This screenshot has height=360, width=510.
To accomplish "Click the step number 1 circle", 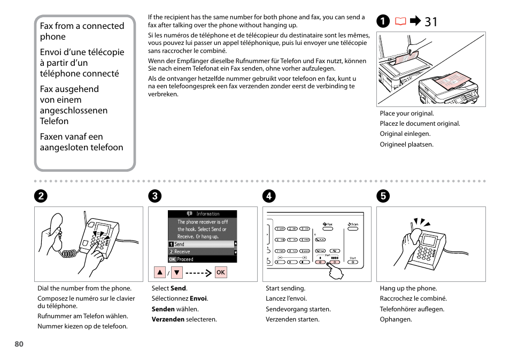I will pyautogui.click(x=383, y=22).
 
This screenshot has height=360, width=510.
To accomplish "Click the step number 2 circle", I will pyautogui.click(x=41, y=196).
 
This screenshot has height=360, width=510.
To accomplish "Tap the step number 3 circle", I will pyautogui.click(x=154, y=196).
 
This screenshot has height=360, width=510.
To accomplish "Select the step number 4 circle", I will pyautogui.click(x=268, y=196).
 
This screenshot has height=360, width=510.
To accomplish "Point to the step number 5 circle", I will pyautogui.click(x=383, y=196).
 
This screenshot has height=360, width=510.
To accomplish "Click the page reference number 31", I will pyautogui.click(x=431, y=22).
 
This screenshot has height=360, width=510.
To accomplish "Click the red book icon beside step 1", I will pyautogui.click(x=400, y=22).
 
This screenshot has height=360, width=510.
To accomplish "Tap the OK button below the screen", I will pyautogui.click(x=221, y=272).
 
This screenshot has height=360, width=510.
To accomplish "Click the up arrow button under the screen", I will pyautogui.click(x=160, y=272).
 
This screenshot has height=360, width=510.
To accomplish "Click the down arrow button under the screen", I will pyautogui.click(x=177, y=272).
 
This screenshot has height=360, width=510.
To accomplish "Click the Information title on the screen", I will pyautogui.click(x=207, y=214).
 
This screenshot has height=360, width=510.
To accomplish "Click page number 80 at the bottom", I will pyautogui.click(x=19, y=344).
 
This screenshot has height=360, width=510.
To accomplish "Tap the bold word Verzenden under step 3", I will pyautogui.click(x=168, y=319).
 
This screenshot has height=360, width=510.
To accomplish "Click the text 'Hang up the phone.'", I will pyautogui.click(x=408, y=288).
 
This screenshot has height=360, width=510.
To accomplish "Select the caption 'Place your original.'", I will pyautogui.click(x=407, y=113).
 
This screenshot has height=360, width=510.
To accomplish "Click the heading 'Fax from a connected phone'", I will pyautogui.click(x=82, y=31).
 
